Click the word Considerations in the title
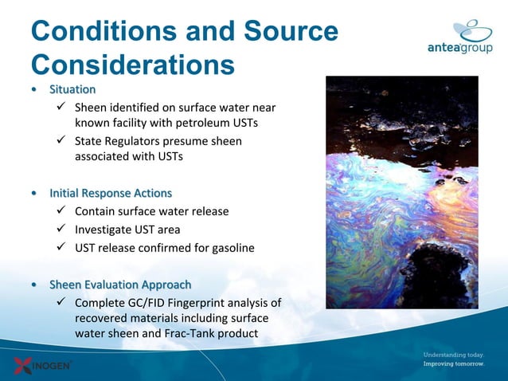click(132, 64)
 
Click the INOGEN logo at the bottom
click(43, 366)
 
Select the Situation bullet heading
click(72, 89)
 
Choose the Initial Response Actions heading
click(110, 193)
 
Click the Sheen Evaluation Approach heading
click(119, 285)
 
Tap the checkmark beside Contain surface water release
click(61, 211)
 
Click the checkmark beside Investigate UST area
click(61, 230)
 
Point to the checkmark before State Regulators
click(61, 141)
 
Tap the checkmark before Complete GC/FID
click(61, 303)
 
